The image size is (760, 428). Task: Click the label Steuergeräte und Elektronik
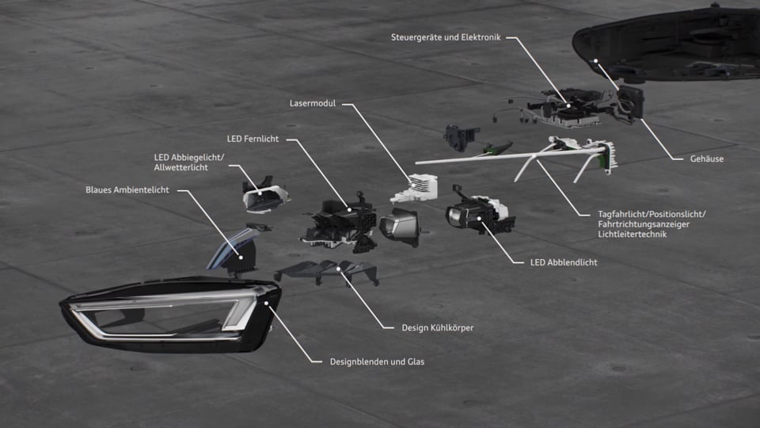point(446,36)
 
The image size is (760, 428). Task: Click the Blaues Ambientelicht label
point(127,189)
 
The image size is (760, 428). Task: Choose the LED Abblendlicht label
point(563,262)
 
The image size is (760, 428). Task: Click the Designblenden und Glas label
point(377,362)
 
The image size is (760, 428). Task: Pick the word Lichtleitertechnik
point(633,235)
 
